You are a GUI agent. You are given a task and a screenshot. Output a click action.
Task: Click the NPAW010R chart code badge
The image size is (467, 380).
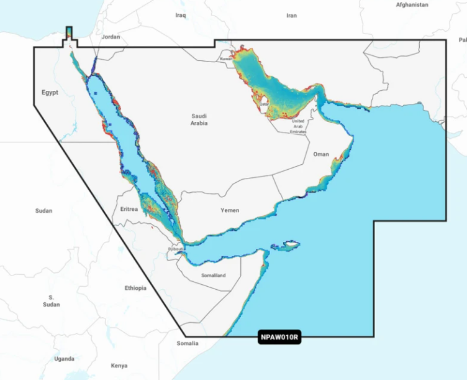tap(279, 338)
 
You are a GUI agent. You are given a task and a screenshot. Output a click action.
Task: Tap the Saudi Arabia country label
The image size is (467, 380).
tap(199, 119)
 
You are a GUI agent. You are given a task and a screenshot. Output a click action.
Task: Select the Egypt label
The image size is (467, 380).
tap(50, 93)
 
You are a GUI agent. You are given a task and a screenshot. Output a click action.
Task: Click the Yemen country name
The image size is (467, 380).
tap(230, 210)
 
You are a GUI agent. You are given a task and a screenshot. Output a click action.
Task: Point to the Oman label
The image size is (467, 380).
tap(321, 154)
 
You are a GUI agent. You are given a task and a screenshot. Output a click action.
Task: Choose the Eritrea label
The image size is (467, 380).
tap(129, 210)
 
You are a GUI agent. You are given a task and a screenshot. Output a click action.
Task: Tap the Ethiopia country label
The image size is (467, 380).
tap(135, 288)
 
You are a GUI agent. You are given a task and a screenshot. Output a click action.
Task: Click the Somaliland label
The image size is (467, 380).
tap(214, 275)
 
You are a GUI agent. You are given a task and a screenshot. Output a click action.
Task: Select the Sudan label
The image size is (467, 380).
tap(43, 211)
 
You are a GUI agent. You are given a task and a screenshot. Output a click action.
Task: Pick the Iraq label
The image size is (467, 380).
tap(181, 15)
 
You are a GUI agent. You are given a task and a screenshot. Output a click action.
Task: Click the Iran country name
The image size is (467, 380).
tap(292, 16)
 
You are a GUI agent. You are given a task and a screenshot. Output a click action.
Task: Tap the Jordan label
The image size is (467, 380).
tap(111, 37)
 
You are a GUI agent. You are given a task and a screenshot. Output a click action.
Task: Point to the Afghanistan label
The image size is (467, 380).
tap(412, 4)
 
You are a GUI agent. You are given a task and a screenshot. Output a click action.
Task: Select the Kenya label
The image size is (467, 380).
tap(119, 366)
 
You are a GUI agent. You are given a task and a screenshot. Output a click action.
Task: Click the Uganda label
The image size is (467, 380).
tap(64, 359)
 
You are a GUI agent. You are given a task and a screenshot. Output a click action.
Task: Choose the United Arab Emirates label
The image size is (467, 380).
tap(298, 126)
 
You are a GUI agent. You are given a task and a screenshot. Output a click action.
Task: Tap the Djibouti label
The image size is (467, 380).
tap(176, 249)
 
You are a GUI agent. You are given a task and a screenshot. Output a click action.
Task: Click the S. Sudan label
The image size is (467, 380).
tap(51, 301)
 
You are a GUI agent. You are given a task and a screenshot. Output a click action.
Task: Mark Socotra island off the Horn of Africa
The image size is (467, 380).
tap(289, 244)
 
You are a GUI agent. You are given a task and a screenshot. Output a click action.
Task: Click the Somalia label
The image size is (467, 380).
tap(188, 343)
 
